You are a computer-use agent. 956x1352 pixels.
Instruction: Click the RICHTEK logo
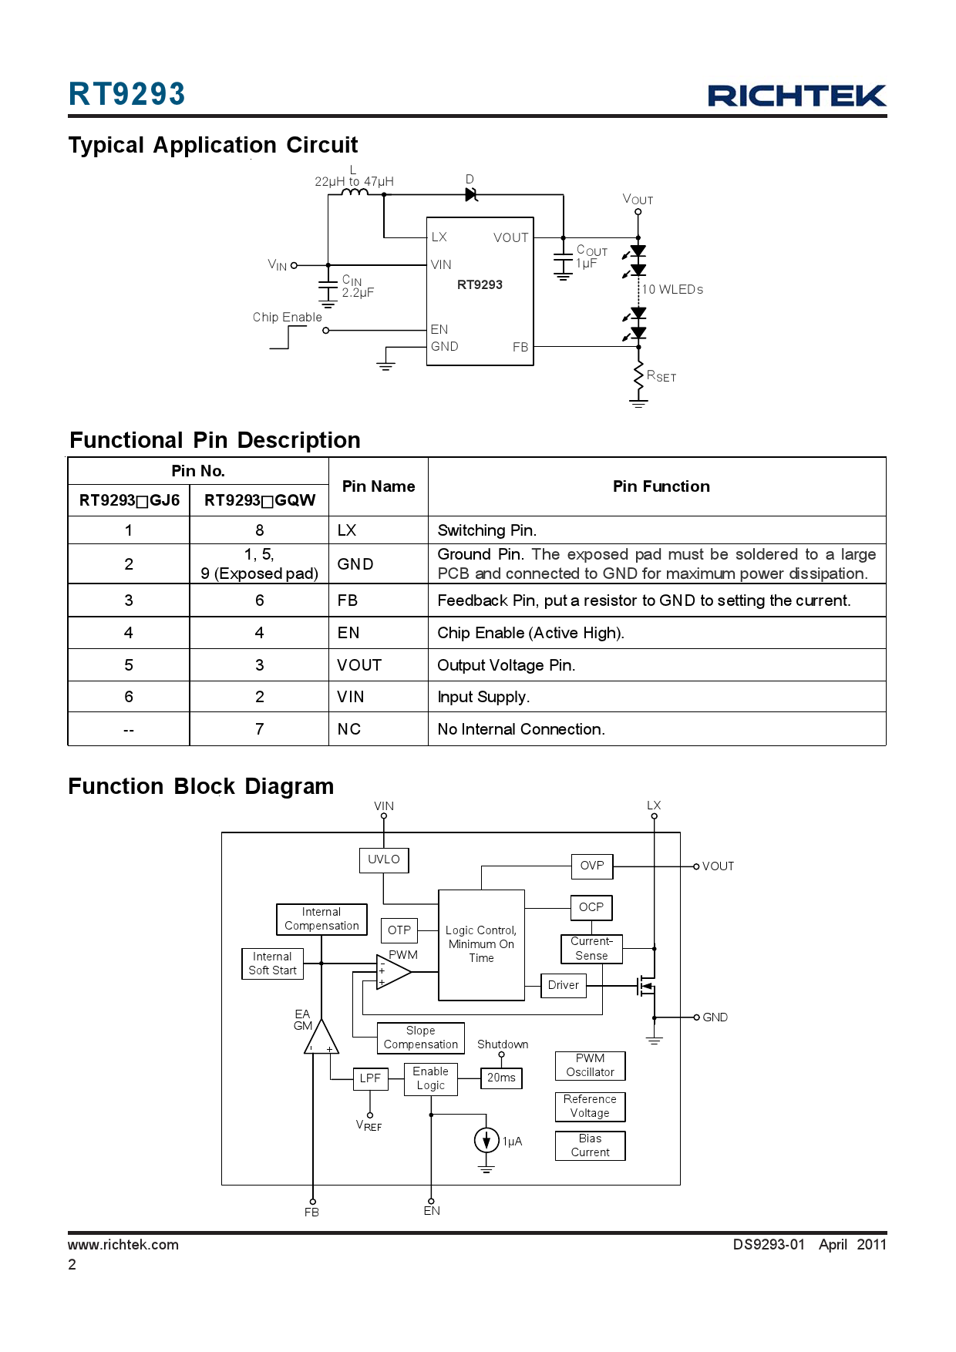pos(796,96)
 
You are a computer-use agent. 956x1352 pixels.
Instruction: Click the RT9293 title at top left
pos(127,94)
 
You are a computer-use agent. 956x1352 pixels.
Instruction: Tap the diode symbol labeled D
pos(471,195)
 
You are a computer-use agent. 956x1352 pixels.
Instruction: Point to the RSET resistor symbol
pos(638,377)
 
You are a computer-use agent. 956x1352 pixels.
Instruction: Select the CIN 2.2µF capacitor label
pos(357,287)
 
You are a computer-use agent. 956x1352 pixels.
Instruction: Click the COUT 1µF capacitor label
pos(591,257)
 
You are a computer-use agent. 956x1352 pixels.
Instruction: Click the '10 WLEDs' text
pos(672,290)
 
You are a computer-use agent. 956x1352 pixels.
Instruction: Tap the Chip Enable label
pos(287,318)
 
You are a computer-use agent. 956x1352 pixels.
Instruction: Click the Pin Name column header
pos(378,486)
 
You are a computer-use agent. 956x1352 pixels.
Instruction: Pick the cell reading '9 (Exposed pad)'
pos(259,573)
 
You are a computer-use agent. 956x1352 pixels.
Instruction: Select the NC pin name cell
pos(348,729)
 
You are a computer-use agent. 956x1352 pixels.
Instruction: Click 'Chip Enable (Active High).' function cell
pos(530,633)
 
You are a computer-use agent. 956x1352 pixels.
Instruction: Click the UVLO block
pos(383,859)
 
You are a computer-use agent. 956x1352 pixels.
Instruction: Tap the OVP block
pos(591,866)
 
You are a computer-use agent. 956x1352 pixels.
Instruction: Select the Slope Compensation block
pos(420,1038)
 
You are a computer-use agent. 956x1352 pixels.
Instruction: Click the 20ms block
pos(501,1078)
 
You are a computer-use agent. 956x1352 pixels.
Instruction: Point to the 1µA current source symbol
pos(486,1140)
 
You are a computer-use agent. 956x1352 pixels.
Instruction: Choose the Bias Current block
pos(590,1145)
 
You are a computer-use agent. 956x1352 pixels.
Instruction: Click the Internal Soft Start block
pos(272,964)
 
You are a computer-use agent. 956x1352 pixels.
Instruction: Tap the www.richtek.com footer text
pos(123,1245)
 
